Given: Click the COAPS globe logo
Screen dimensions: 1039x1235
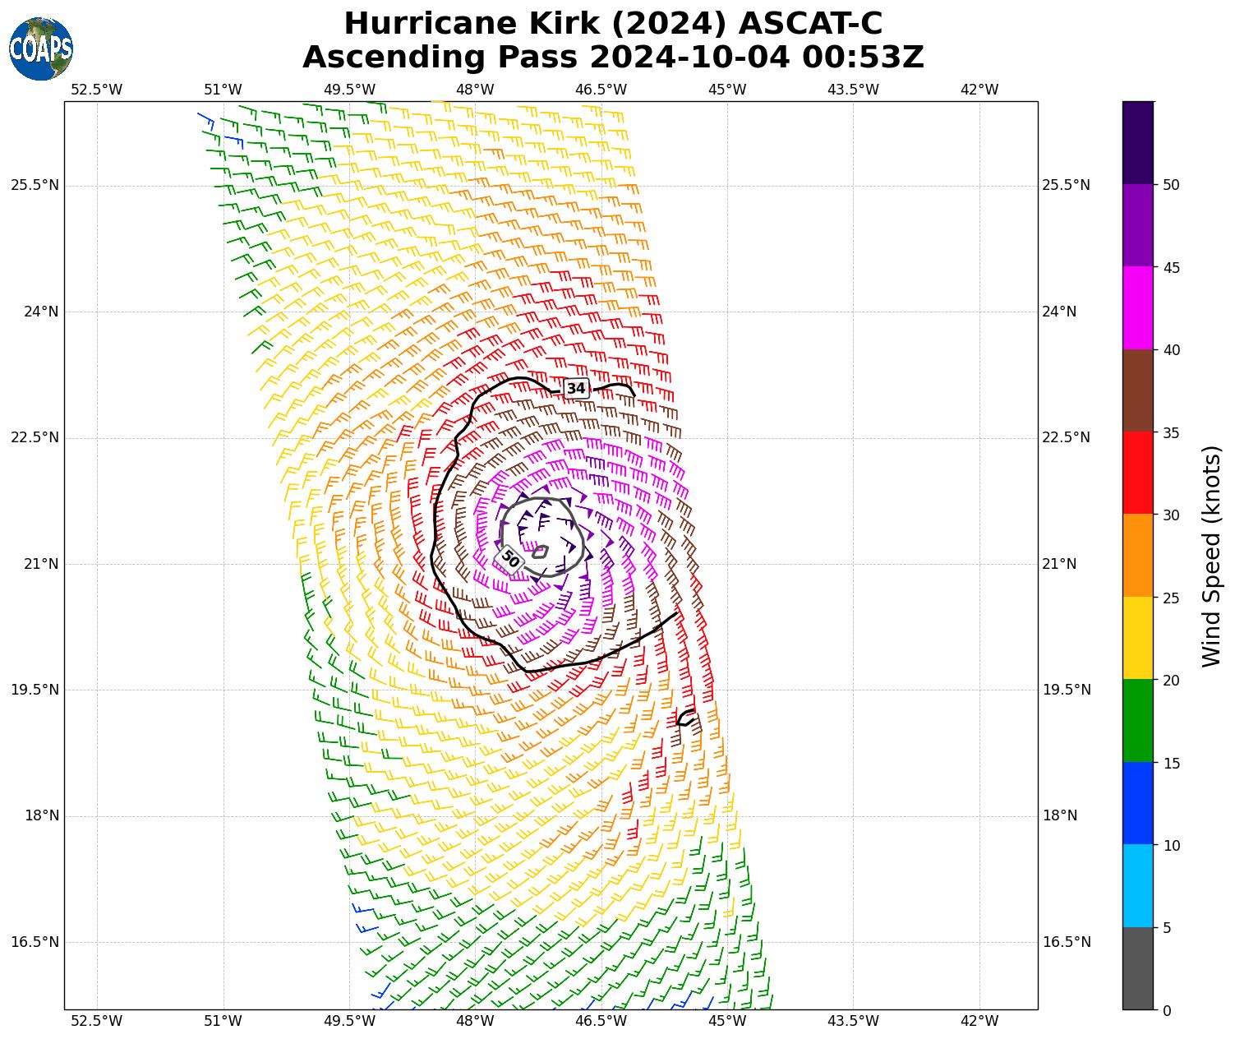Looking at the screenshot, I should click(41, 49).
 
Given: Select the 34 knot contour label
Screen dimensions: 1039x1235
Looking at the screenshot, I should click(577, 388).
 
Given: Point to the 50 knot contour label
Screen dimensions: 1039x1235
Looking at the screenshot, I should click(510, 559).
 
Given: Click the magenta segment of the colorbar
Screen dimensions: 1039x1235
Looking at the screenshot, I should click(1138, 308).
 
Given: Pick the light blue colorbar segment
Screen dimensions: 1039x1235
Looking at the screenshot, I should click(1138, 886).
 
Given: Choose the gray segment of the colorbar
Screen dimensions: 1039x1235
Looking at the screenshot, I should click(1138, 968).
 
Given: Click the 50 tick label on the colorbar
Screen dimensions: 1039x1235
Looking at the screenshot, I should click(1171, 185).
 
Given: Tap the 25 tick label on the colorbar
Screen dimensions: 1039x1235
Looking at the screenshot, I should click(1171, 598).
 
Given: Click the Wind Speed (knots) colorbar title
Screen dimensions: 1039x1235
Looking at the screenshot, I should click(1211, 556).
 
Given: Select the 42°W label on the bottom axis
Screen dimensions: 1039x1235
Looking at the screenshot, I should click(979, 1021).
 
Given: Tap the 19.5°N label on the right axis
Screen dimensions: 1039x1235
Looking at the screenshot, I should click(1067, 690).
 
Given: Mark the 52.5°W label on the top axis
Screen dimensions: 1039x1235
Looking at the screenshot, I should click(96, 90).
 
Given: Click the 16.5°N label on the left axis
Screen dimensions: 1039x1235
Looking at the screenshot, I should click(35, 942).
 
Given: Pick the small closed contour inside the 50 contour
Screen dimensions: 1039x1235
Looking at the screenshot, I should click(540, 552).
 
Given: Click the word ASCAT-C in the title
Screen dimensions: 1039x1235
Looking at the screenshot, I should click(811, 25).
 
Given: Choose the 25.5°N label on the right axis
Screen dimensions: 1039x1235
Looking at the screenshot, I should click(1067, 185).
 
